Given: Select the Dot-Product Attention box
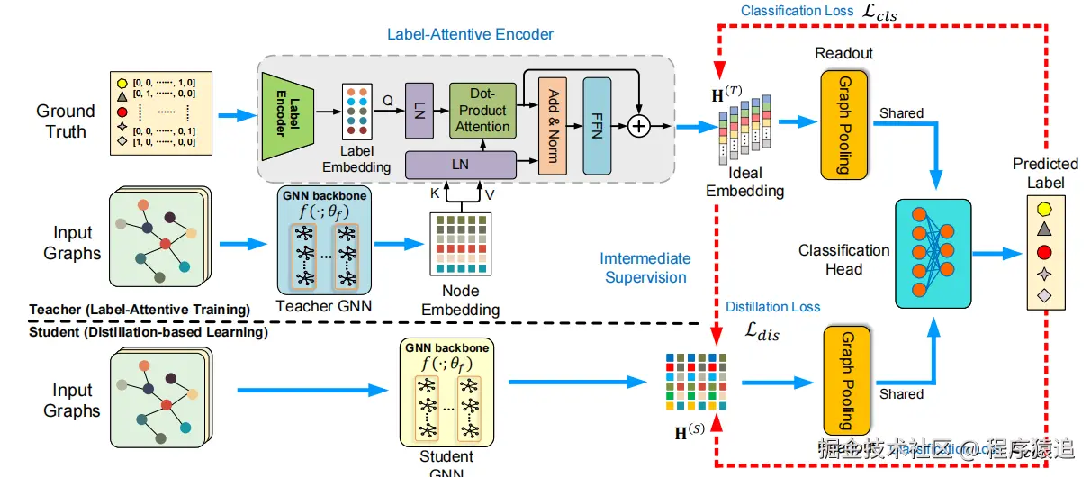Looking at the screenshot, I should click(x=482, y=110).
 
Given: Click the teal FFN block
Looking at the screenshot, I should click(x=597, y=126).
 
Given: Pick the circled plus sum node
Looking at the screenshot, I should click(x=638, y=126).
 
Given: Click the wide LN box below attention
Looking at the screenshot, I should click(x=461, y=165).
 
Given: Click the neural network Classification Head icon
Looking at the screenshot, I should click(x=933, y=256).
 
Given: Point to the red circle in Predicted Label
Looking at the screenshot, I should click(x=1044, y=252).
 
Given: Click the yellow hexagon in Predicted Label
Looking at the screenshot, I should click(x=1044, y=209).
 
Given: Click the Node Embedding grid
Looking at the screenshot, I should click(x=459, y=243).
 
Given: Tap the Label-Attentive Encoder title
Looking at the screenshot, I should click(x=470, y=35).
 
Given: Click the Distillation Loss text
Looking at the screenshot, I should click(x=771, y=307).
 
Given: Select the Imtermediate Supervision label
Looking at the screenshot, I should click(x=645, y=268).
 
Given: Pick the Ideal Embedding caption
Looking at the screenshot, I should click(x=744, y=181).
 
